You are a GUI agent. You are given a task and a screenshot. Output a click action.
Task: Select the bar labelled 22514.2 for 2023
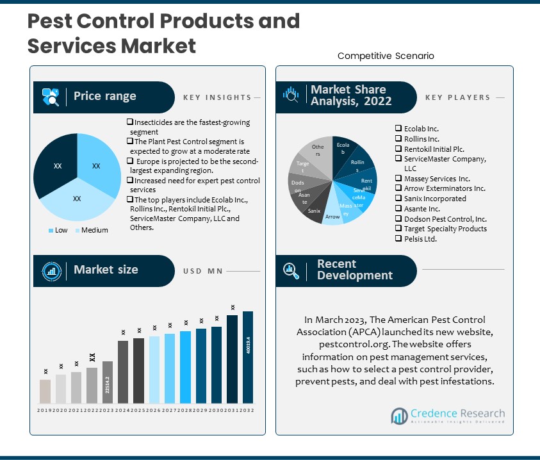coord(108,382)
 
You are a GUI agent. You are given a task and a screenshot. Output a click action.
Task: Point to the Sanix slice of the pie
coord(313,210)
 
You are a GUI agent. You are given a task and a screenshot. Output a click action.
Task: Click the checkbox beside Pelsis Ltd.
coord(398,239)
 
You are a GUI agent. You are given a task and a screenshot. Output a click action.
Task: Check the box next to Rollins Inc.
coord(398,138)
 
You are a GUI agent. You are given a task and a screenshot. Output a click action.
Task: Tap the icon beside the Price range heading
coord(51,97)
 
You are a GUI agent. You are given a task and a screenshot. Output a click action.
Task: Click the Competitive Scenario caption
coord(386,56)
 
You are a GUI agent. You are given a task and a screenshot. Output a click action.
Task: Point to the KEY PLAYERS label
coord(457,97)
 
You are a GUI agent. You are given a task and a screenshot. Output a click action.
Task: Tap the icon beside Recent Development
coord(291,270)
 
